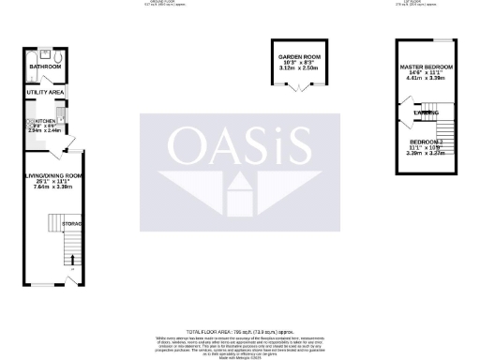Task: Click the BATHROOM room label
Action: click(x=44, y=67)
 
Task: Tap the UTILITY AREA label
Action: click(x=45, y=94)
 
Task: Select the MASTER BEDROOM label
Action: click(x=427, y=67)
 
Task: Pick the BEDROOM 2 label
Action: click(x=425, y=142)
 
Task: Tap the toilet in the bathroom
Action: click(x=60, y=56)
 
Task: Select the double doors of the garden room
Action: click(x=299, y=90)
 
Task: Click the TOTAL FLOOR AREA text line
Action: click(x=240, y=332)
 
